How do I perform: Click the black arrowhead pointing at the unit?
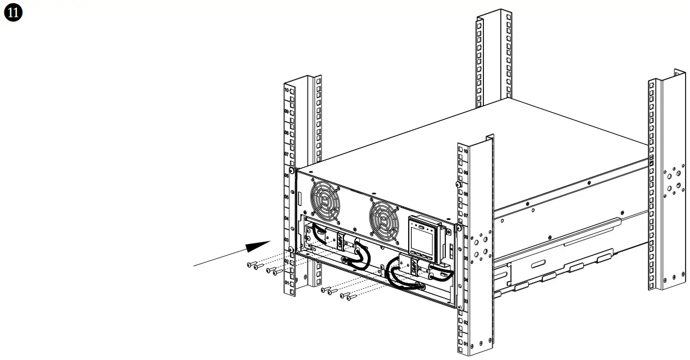coord(258,246)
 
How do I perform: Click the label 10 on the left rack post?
coord(287,90)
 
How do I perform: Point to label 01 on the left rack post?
coord(287,284)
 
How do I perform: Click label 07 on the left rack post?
coord(287,155)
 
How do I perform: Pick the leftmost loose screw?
coord(250,265)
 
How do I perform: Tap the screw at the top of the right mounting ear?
coord(458,185)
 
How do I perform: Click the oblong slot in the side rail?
coord(536,264)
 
